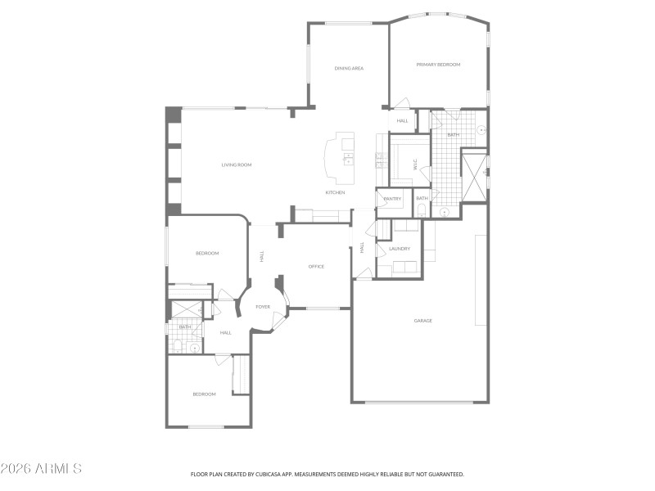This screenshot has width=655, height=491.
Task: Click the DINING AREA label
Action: pyautogui.click(x=349, y=69)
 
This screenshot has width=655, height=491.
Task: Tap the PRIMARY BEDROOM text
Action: pyautogui.click(x=438, y=65)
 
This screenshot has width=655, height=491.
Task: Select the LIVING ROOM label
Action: pyautogui.click(x=236, y=165)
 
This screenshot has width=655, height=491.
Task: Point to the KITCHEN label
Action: pyautogui.click(x=335, y=192)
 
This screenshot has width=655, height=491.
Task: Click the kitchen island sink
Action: pyautogui.click(x=348, y=155)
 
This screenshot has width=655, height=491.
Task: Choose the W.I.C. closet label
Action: pyautogui.click(x=415, y=164)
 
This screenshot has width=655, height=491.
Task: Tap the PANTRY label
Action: pyautogui.click(x=392, y=198)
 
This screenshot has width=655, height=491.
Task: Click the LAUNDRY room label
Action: pyautogui.click(x=400, y=249)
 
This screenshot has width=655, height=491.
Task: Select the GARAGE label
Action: pyautogui.click(x=422, y=321)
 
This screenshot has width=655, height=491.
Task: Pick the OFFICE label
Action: pyautogui.click(x=316, y=267)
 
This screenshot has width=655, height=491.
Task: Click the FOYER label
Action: pyautogui.click(x=263, y=307)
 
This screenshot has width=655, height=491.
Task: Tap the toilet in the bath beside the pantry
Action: pyautogui.click(x=422, y=210)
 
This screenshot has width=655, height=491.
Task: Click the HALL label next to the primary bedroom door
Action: pyautogui.click(x=402, y=121)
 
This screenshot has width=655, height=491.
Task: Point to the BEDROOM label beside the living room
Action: pyautogui.click(x=207, y=254)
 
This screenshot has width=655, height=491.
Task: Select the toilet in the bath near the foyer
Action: pyautogui.click(x=176, y=346)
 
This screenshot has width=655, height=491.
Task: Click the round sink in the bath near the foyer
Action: pyautogui.click(x=195, y=348)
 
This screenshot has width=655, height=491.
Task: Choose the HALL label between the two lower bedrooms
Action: pyautogui.click(x=225, y=332)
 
